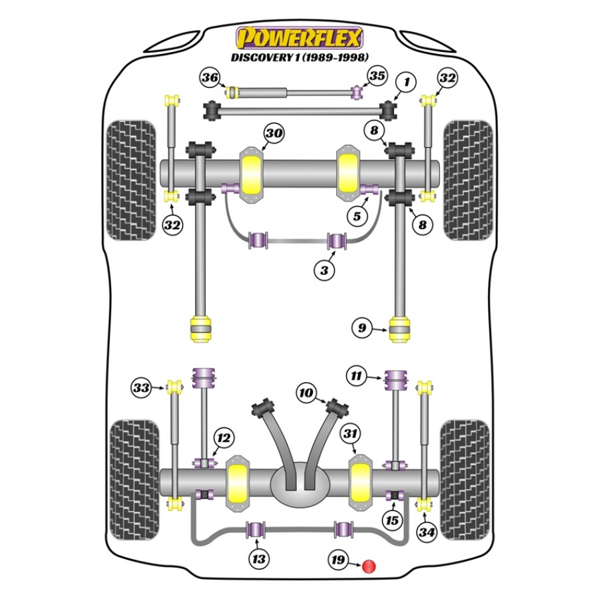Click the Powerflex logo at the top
[299, 37]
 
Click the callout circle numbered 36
[210, 79]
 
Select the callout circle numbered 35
[377, 76]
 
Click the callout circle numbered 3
[324, 270]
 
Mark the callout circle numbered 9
[362, 328]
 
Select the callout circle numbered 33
[141, 387]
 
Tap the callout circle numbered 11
[357, 377]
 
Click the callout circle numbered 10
[306, 393]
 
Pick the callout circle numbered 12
[223, 438]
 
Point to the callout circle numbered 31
[351, 434]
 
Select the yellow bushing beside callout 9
[400, 329]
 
